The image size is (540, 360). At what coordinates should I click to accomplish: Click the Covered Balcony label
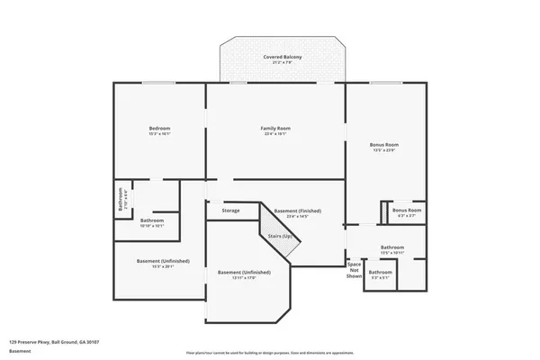tap(282, 57)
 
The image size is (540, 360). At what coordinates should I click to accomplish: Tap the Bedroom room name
tap(159, 129)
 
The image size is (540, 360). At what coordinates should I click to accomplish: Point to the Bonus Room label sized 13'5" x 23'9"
tap(383, 145)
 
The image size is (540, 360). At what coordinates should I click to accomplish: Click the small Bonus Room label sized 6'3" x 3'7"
tap(407, 211)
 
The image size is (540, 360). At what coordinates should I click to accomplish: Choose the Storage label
tap(230, 211)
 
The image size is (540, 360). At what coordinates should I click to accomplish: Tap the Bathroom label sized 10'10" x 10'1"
tap(151, 220)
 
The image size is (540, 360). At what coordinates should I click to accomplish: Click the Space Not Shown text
tap(354, 270)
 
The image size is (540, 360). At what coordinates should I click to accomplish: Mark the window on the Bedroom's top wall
tap(159, 83)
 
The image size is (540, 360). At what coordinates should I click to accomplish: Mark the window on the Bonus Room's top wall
tap(385, 83)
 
